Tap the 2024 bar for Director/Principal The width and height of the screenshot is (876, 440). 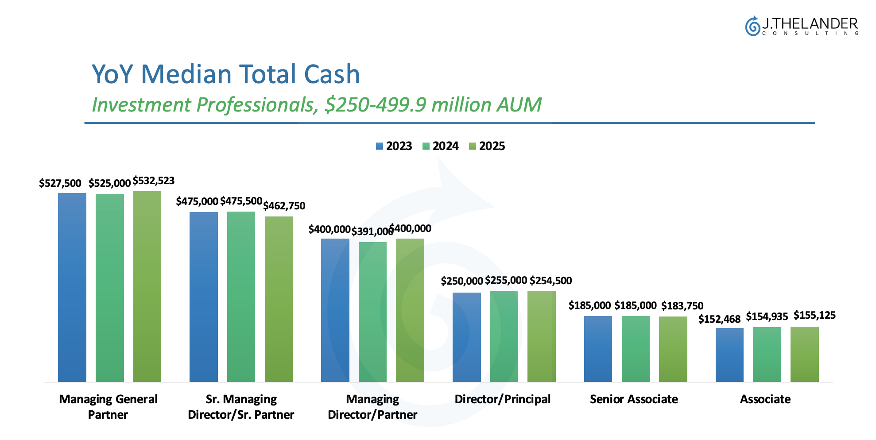pos(504,336)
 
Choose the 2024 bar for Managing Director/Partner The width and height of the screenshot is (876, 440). pos(372,312)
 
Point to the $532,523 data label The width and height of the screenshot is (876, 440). pos(154,181)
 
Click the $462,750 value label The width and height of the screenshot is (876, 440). pos(284,206)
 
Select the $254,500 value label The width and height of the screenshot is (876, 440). pos(550,281)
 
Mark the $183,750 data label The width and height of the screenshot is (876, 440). pos(682,306)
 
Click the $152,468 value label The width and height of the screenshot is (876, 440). pos(719,319)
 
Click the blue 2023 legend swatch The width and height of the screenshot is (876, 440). pos(380,146)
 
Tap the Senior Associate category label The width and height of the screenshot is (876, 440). pos(634,399)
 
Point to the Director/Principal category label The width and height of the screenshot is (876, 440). pos(503,399)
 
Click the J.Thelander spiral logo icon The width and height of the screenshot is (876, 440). pos(752,26)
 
